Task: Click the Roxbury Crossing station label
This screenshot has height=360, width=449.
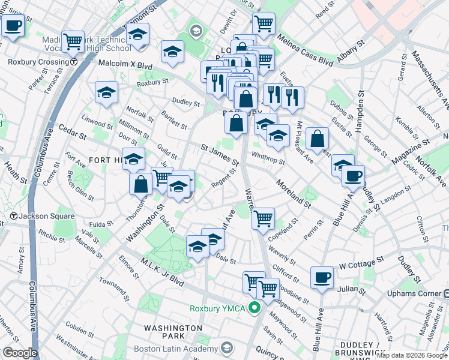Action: coord(38,62)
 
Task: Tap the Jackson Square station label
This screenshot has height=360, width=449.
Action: coord(47,216)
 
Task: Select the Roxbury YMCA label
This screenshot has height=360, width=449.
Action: coord(218,309)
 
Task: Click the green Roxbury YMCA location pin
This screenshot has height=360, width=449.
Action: coord(255,308)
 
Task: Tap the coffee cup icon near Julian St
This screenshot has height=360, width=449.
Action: coord(322,277)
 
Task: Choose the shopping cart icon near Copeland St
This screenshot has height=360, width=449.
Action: coord(263,219)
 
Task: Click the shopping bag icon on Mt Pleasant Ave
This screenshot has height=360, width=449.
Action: coord(317,139)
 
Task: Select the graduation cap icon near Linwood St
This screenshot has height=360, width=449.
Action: coord(106,92)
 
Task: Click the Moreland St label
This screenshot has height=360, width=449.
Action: coord(293,193)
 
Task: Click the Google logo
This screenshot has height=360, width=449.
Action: coord(20,353)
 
